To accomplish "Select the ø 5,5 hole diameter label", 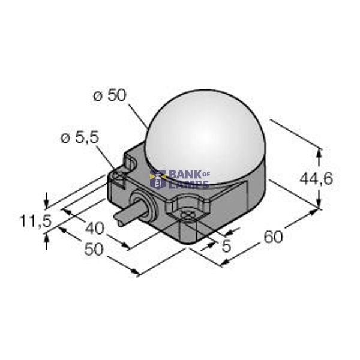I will (x=79, y=139).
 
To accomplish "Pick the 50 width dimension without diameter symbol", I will (x=93, y=250).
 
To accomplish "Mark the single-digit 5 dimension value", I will (x=226, y=245).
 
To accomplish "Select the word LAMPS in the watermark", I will (x=189, y=184).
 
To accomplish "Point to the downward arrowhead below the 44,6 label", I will (x=319, y=204).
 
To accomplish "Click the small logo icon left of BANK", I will (x=160, y=179).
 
